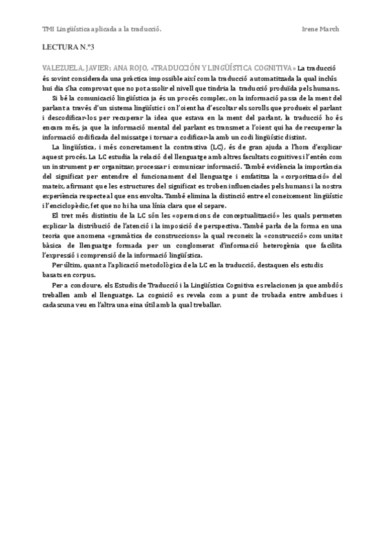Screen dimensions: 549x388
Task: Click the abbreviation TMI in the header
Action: click(47, 29)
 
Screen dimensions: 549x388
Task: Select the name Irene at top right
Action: click(312, 29)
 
